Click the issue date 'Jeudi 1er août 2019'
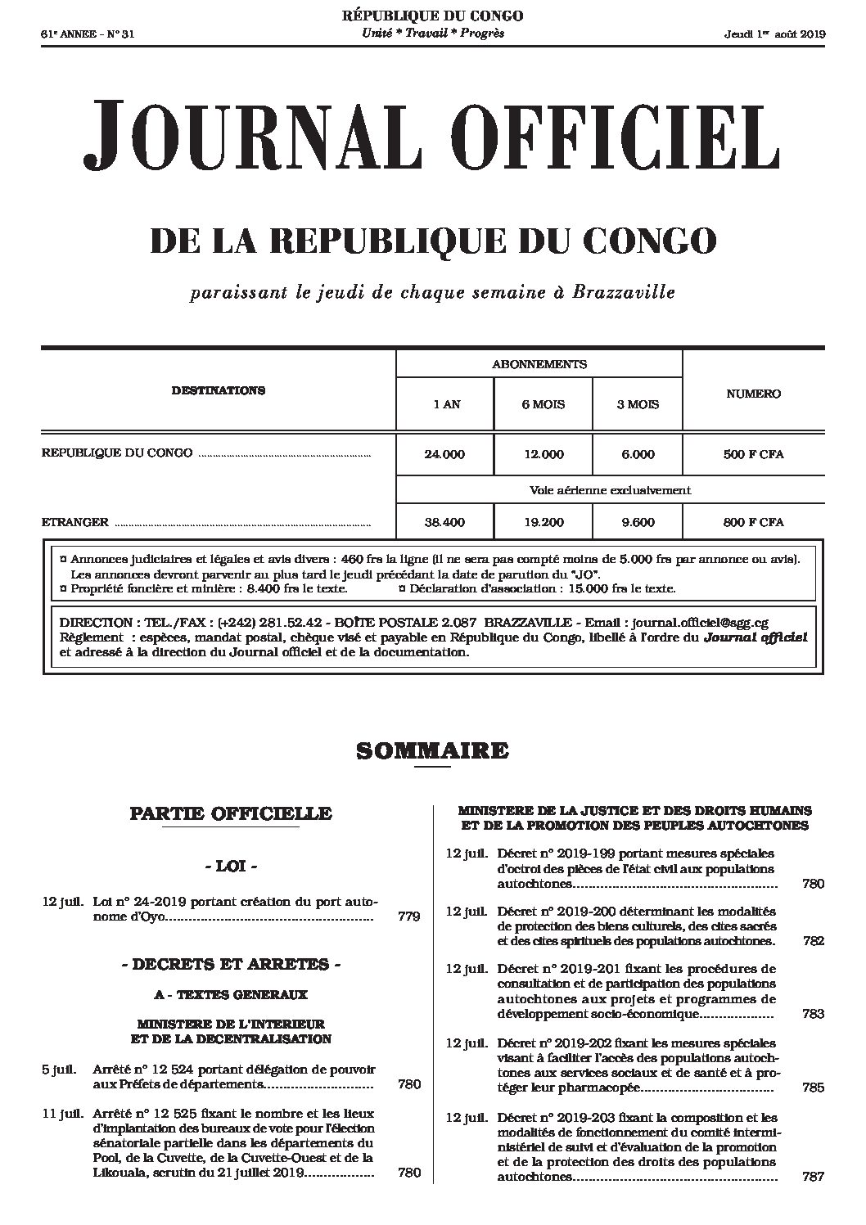coord(774,34)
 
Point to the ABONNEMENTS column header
coord(539,364)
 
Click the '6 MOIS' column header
coord(543,404)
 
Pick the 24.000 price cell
coord(444,454)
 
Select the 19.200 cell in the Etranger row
coord(543,522)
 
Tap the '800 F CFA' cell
coord(753,522)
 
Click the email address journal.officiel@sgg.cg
coord(701,622)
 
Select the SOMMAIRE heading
coord(432,750)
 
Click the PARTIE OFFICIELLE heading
coord(231,813)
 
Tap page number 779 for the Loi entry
coord(408,916)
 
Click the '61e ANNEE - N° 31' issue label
coord(81,34)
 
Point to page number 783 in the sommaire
coord(813,1015)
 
